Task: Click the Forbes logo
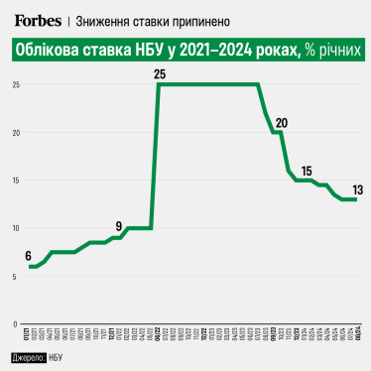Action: pyautogui.click(x=38, y=20)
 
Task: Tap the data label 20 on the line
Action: pyautogui.click(x=282, y=123)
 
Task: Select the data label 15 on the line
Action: pyautogui.click(x=307, y=170)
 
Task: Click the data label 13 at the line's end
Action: pyautogui.click(x=356, y=188)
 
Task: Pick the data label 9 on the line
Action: pyautogui.click(x=119, y=225)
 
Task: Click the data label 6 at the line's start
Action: pyautogui.click(x=29, y=255)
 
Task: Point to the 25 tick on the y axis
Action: pyautogui.click(x=16, y=84)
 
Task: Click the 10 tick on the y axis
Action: pyautogui.click(x=16, y=228)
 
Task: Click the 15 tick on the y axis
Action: pyautogui.click(x=16, y=181)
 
